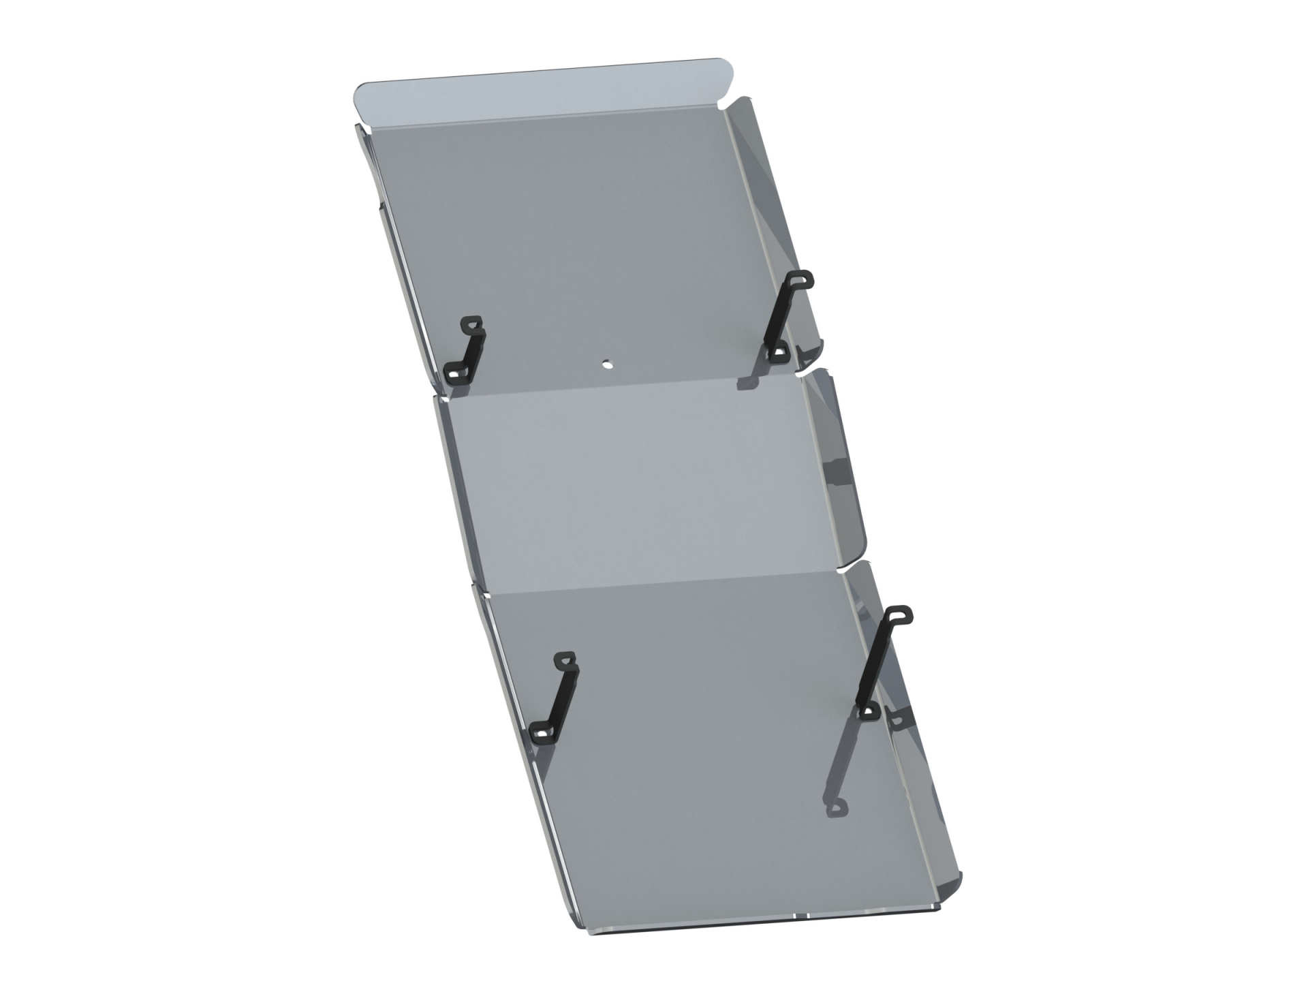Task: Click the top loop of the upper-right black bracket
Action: click(800, 279)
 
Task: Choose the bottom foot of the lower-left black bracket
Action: click(542, 732)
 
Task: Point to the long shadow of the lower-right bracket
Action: click(845, 756)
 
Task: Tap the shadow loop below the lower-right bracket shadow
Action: click(837, 808)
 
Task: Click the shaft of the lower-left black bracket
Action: click(563, 698)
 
